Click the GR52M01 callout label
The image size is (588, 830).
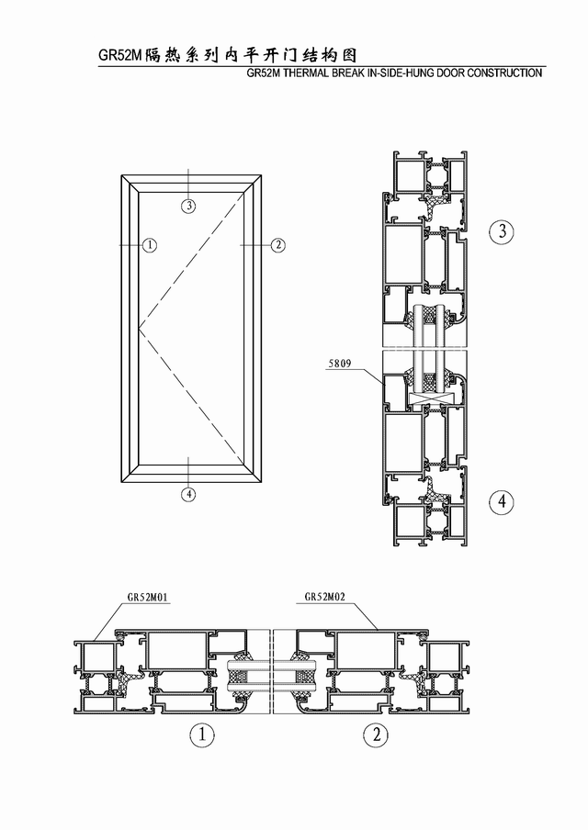pos(148,598)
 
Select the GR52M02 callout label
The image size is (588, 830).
pos(324,597)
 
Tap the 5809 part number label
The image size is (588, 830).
pos(340,364)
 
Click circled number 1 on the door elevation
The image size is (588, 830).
pos(151,244)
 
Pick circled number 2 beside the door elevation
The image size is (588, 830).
pos(278,244)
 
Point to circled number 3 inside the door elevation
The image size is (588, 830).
pos(188,206)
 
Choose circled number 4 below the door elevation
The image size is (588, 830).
pos(188,494)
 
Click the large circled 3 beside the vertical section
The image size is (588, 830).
pos(502,231)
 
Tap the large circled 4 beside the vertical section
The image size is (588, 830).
pos(502,500)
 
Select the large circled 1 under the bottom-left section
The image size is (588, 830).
pos(202,735)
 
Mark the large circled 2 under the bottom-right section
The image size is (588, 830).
pos(376,735)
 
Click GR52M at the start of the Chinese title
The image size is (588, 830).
pos(121,56)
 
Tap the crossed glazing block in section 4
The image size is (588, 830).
pos(432,397)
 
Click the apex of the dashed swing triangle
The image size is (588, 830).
pos(139,328)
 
